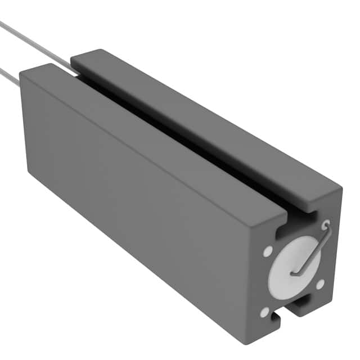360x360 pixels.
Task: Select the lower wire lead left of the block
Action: point(8,75)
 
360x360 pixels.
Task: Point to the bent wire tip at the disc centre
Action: point(294,273)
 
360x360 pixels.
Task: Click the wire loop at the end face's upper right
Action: point(326,226)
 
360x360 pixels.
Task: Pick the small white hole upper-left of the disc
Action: point(268,250)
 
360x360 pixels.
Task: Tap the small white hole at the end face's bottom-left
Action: point(264,311)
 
